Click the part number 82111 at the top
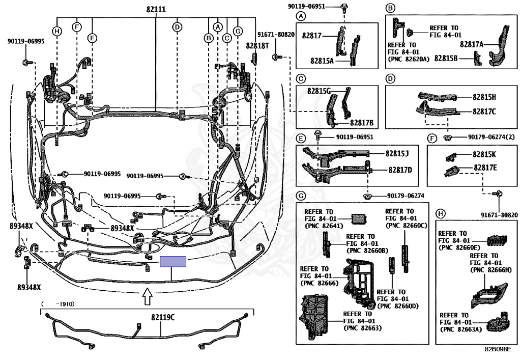tap(156, 9)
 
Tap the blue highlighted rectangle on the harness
tap(173, 262)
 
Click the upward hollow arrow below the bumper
tap(147, 297)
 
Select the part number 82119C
tap(163, 317)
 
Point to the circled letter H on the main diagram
tap(57, 32)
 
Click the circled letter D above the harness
tap(178, 27)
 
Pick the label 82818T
tap(257, 45)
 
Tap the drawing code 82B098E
tap(498, 349)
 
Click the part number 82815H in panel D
tap(484, 97)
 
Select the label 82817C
tap(484, 112)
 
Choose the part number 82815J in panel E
tap(397, 153)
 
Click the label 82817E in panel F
tap(485, 168)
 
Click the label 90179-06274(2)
tap(491, 137)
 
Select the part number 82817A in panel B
tap(472, 44)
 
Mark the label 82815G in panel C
tap(319, 91)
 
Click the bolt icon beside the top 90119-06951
tap(344, 6)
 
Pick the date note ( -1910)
tap(58, 304)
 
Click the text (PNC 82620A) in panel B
tap(409, 59)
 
